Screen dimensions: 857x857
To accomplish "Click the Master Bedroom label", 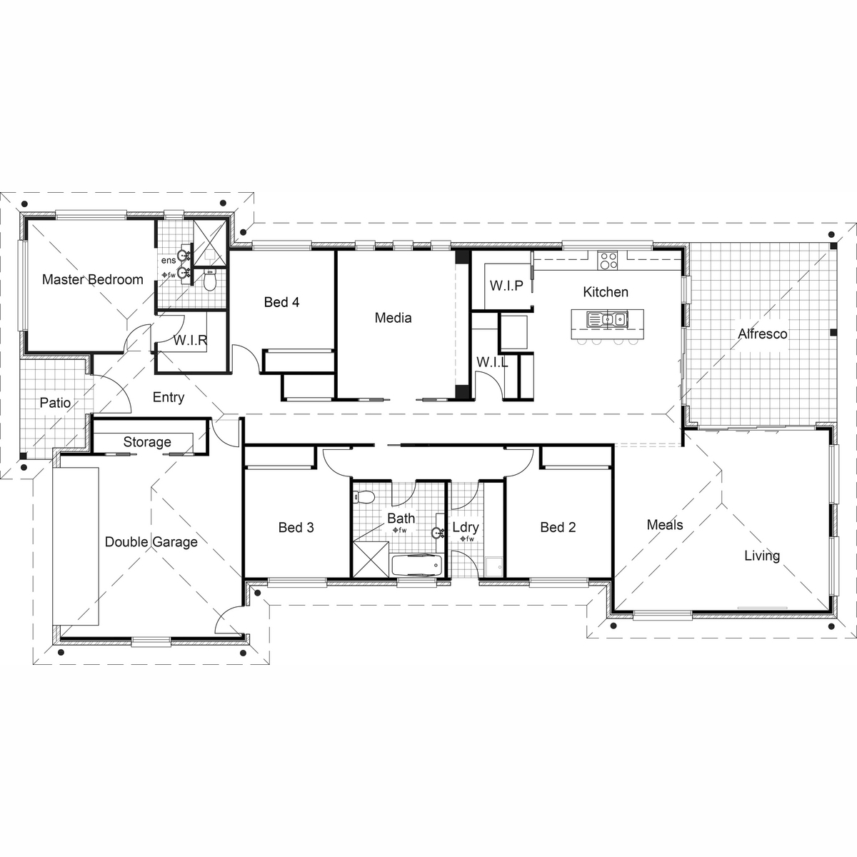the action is coord(93,280).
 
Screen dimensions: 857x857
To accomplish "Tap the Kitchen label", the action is coord(606,292).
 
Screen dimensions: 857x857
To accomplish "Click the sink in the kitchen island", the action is coord(607,319).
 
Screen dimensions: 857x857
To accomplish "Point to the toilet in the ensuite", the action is coord(210,279).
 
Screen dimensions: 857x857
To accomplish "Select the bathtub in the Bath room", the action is coord(416,565).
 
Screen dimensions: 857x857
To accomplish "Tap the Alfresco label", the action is coord(762,334).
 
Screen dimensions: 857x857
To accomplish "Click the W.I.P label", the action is coord(506,286).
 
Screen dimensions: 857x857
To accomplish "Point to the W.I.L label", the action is coord(492,362).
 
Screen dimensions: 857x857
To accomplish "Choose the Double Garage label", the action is coord(151,541).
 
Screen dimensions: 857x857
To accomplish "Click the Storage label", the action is coord(147,442).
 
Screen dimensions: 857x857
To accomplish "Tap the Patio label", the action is coord(55,403).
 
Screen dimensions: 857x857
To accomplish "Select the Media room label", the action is coord(393,318).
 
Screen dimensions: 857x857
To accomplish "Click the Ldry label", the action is coord(466,528).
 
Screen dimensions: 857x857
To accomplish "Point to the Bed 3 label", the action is coord(296,528).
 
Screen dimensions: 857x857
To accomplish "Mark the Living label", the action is coord(762,556).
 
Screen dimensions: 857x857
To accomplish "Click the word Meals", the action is coord(665,525).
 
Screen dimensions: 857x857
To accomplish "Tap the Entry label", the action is coord(169,398).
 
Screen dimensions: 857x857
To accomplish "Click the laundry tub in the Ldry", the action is coord(493,567).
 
